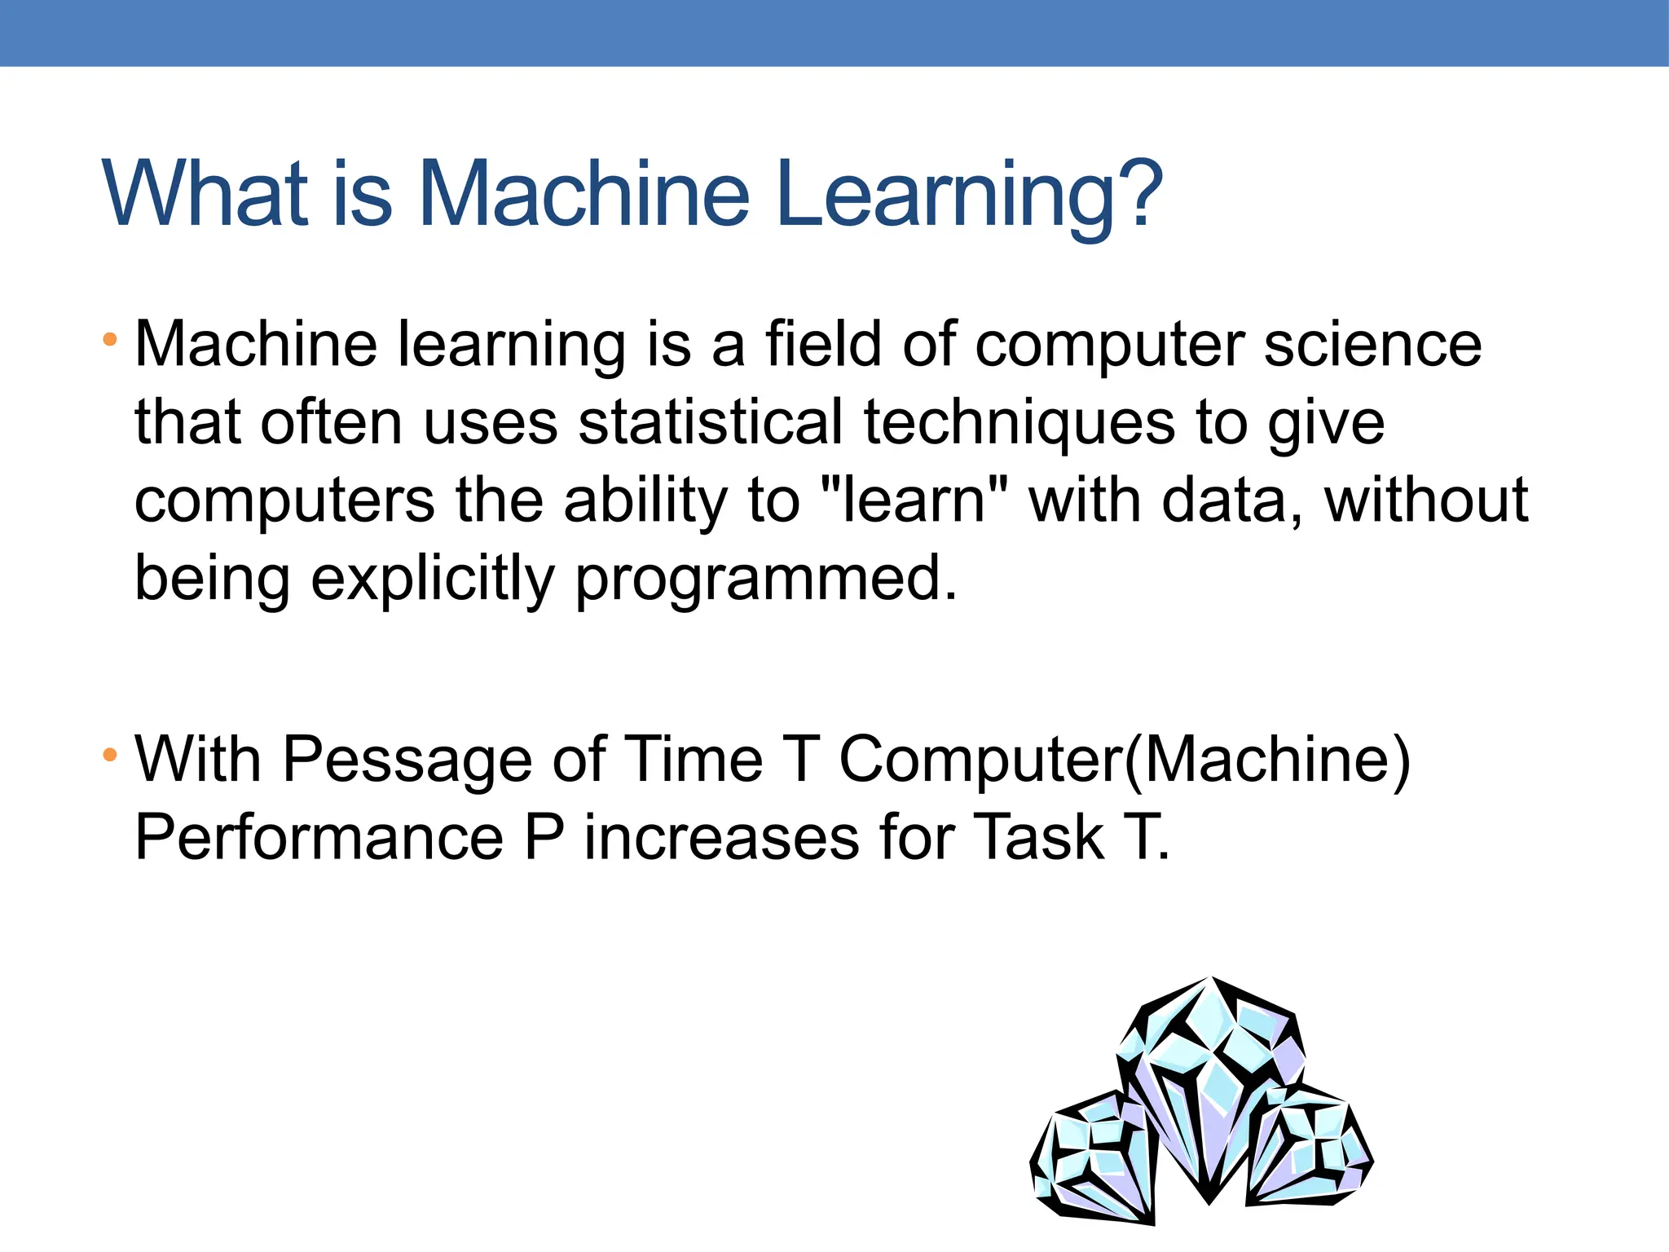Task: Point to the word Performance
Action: tap(319, 838)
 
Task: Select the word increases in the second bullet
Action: tap(721, 838)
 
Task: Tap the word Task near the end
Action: tap(1038, 838)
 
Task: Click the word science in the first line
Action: tap(1372, 344)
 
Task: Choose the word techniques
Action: tap(1019, 424)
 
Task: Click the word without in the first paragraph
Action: tap(1425, 500)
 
